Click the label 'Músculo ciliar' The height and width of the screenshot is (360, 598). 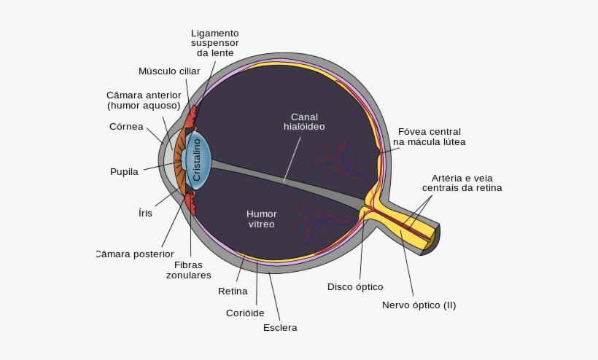pos(169,71)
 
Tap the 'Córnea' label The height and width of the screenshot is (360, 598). pos(126,126)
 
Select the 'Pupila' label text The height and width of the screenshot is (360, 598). pos(124,172)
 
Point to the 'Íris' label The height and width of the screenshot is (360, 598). pos(145,214)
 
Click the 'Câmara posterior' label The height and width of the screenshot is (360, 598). pos(135,254)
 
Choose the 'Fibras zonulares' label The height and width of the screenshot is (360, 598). pos(188,270)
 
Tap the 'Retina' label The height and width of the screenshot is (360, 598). pos(233,291)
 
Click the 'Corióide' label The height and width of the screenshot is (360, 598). pos(246,313)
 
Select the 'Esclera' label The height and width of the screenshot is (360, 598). pos(280,328)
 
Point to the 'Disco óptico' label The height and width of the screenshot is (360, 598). pos(355,287)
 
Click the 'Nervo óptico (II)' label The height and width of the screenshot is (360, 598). pos(419,305)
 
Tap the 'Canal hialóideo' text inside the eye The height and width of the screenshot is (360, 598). pos(304,122)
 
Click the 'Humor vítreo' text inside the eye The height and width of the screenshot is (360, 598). pos(261,219)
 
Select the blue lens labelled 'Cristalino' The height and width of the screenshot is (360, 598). pos(198,161)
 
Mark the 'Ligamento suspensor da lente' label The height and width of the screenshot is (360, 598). pos(215,43)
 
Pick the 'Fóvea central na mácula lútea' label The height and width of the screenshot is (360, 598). pos(429,137)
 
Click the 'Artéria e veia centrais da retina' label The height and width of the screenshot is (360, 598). pos(462,183)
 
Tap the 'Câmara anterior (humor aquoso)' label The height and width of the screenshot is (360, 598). pos(144,101)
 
